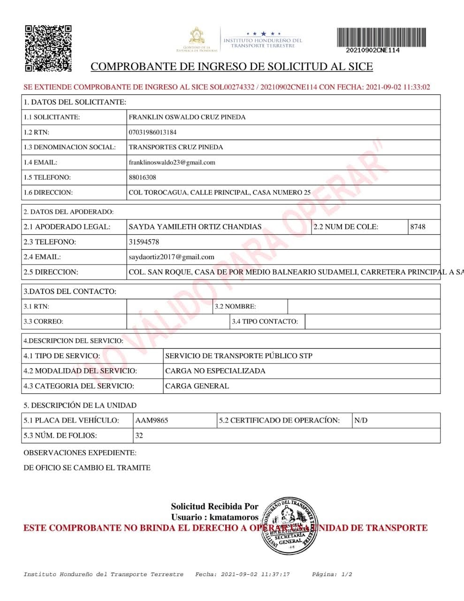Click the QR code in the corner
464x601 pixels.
48,48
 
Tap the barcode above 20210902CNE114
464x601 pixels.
381,37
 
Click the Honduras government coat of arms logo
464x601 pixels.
197,37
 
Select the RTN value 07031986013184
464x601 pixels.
152,132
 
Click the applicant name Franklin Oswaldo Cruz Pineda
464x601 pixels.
187,117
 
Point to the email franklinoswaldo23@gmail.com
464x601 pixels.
172,162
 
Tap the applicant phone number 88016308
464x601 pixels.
142,177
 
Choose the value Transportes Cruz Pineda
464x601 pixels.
175,147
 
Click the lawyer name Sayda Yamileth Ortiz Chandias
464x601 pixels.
195,227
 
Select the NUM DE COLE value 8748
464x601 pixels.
418,227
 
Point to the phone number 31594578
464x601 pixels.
144,242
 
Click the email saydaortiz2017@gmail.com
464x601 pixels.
171,257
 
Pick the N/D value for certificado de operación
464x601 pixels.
361,420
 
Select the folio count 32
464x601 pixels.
139,435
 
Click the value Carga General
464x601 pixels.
197,386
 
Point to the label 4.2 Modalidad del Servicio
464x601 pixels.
80,371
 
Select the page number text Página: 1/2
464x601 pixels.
332,574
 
